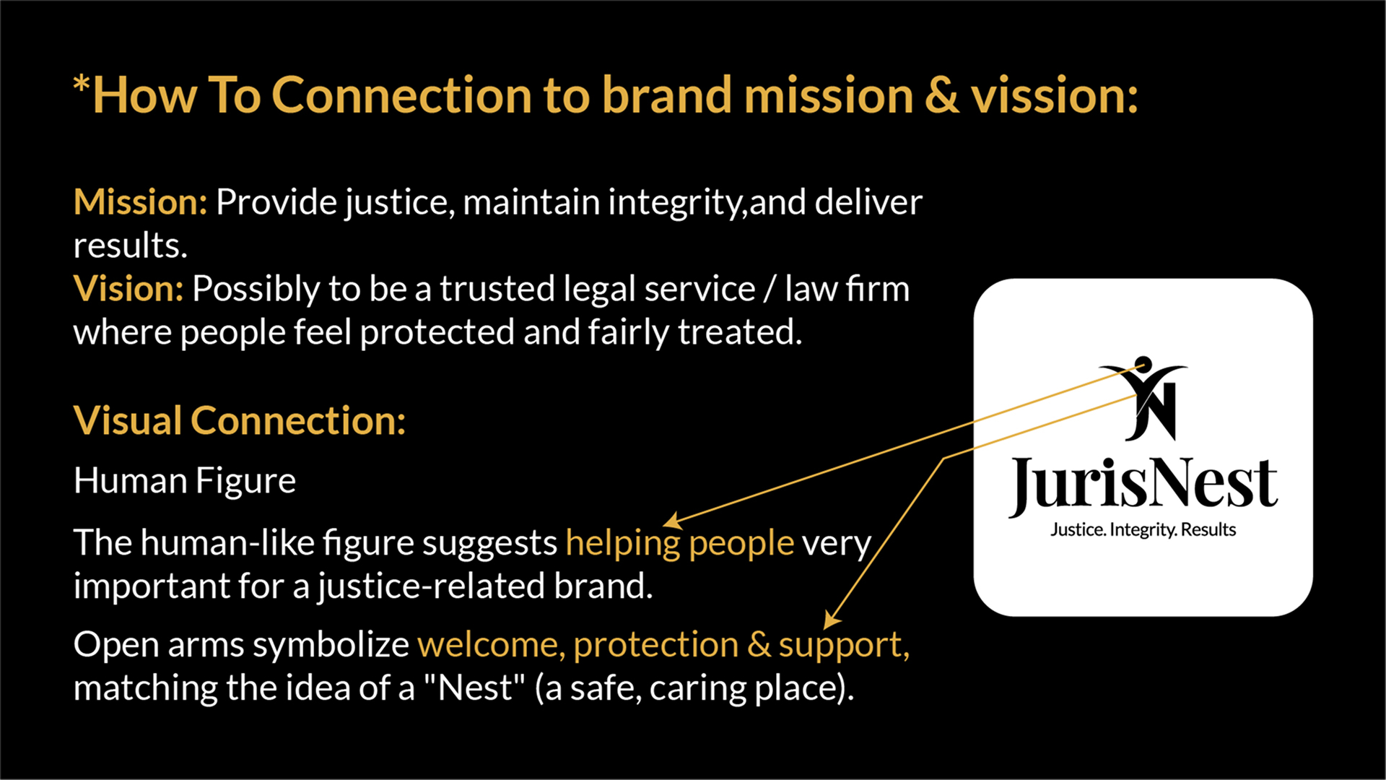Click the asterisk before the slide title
pos(82,84)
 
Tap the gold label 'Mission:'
pos(141,202)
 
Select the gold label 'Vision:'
pos(129,289)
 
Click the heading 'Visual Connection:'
pos(240,420)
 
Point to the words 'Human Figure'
pos(185,481)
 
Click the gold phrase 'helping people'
pos(679,543)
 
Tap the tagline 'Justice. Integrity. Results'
pos(1143,530)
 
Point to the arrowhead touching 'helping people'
pos(673,521)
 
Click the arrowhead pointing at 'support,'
pos(832,620)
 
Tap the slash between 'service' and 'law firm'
pos(770,289)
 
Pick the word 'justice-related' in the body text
pos(431,586)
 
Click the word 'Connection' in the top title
pos(401,95)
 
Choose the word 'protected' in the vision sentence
pos(437,332)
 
